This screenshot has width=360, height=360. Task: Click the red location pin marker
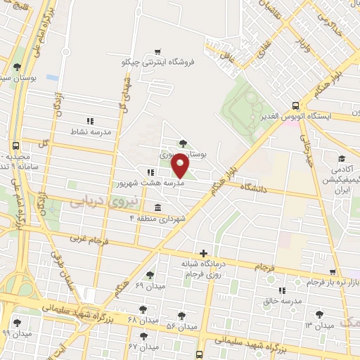(181, 167)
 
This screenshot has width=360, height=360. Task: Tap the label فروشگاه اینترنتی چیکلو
(158, 63)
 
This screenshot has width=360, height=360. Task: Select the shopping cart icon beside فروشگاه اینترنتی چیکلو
(158, 51)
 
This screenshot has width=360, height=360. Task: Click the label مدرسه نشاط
(89, 131)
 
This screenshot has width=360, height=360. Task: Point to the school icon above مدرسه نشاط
(89, 120)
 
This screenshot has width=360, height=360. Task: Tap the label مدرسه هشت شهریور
(150, 183)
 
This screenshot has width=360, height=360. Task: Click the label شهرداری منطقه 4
(157, 219)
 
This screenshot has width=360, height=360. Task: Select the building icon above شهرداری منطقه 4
(156, 208)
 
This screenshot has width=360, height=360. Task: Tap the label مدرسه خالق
(283, 301)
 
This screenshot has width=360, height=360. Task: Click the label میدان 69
(149, 286)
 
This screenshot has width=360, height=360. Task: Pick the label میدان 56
(181, 328)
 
